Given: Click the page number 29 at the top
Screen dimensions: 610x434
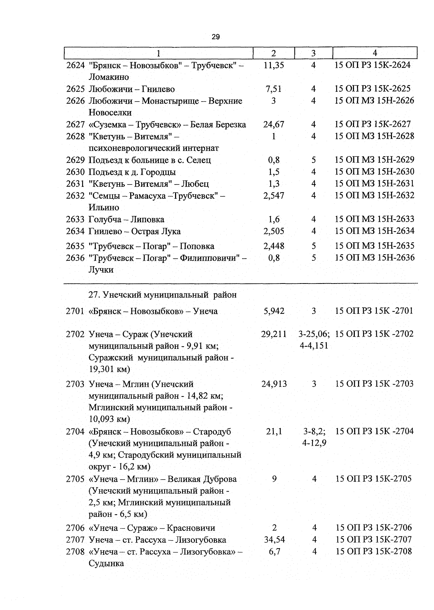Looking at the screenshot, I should (x=216, y=37).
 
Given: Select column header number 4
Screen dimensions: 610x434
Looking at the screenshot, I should (x=375, y=53).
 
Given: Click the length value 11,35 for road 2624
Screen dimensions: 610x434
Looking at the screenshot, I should (x=274, y=65).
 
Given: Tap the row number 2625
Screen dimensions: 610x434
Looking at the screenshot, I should (x=75, y=89).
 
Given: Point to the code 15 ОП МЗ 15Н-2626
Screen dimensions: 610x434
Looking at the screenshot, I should (x=374, y=100).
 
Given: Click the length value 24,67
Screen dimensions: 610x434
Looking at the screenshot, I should (x=274, y=125).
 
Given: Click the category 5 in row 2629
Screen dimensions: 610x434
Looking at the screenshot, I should (x=314, y=160).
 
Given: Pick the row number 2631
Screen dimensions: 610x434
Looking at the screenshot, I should (x=75, y=184).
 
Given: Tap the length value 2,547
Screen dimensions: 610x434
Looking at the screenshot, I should (x=274, y=196).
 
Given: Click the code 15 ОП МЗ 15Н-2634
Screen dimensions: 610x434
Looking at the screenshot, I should (x=374, y=231).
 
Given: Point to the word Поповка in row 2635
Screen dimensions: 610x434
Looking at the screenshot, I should (x=197, y=246).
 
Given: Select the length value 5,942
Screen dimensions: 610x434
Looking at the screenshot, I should (x=274, y=311).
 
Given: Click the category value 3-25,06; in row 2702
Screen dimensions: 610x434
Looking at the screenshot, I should (x=314, y=334).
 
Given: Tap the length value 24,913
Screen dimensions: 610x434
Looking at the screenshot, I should (x=274, y=384).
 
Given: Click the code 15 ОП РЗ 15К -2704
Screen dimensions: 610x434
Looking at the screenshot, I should (x=374, y=431).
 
